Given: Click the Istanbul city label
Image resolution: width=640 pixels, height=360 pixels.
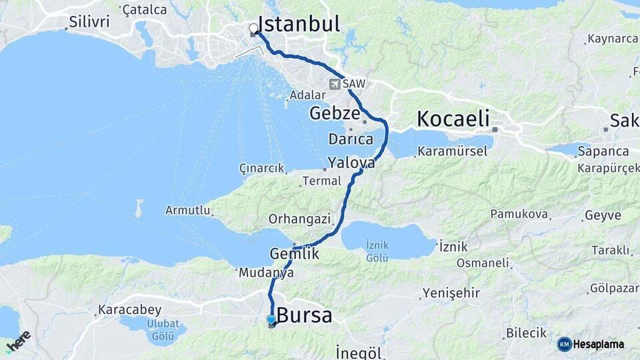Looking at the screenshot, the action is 298,24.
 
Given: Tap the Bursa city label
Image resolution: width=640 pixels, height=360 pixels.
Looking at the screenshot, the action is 304,315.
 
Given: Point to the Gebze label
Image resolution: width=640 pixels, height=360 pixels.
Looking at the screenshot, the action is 335,113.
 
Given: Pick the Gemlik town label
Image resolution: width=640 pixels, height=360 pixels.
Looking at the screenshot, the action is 295,254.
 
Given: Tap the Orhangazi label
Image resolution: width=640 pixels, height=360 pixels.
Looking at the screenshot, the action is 299,219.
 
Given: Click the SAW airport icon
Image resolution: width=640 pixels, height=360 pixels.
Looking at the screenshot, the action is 334,84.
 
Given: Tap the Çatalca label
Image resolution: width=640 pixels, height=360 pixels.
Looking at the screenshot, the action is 145,9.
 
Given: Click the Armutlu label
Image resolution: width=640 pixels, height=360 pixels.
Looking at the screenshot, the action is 188,211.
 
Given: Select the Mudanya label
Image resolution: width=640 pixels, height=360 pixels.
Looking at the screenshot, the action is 266,273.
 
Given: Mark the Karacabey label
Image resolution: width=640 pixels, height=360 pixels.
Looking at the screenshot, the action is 129,310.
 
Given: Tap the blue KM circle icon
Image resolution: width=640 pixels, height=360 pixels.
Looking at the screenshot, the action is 564,344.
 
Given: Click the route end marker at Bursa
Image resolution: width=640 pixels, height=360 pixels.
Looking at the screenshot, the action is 271,321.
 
